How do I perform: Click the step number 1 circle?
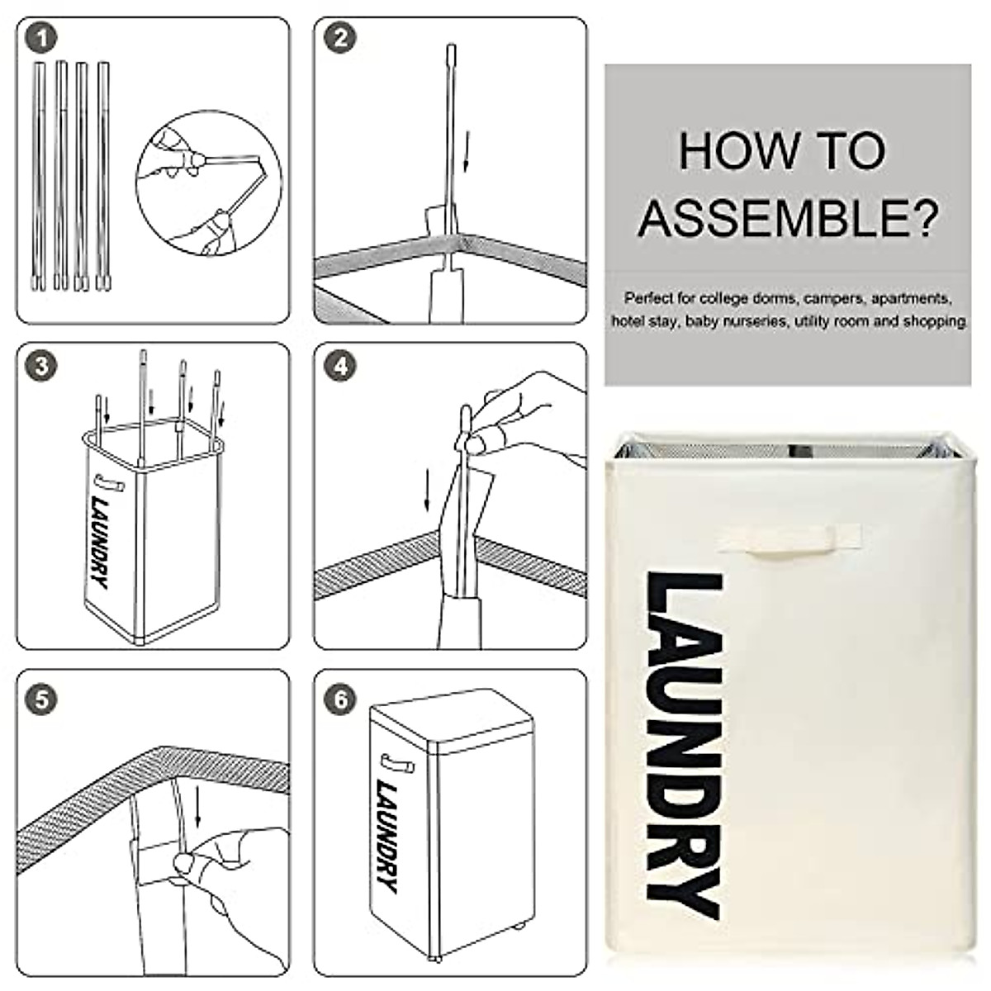41,39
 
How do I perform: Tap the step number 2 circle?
340,39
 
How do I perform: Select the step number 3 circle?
41,366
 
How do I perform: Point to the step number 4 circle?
340,366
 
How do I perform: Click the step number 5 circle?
41,700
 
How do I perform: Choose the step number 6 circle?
340,700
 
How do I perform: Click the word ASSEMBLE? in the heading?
788,218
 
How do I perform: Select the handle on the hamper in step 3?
110,483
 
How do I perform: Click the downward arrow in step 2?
466,150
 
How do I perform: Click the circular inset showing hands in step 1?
209,183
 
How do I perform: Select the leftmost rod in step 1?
39,175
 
